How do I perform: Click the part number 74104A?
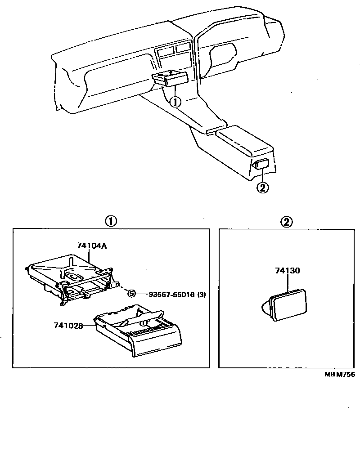pyautogui.click(x=92, y=246)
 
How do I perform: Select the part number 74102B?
pyautogui.click(x=68, y=326)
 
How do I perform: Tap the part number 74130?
pyautogui.click(x=287, y=270)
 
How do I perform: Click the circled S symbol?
pyautogui.click(x=131, y=294)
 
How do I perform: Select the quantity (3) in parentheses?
pyautogui.click(x=202, y=294)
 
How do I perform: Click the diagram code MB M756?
pyautogui.click(x=339, y=374)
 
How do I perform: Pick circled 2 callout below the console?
pyautogui.click(x=263, y=188)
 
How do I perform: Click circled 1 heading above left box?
pyautogui.click(x=111, y=222)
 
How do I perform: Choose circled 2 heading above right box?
pyautogui.click(x=286, y=222)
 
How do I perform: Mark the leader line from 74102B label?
pyautogui.click(x=89, y=326)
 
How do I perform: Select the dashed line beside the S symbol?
pyautogui.click(x=122, y=288)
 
